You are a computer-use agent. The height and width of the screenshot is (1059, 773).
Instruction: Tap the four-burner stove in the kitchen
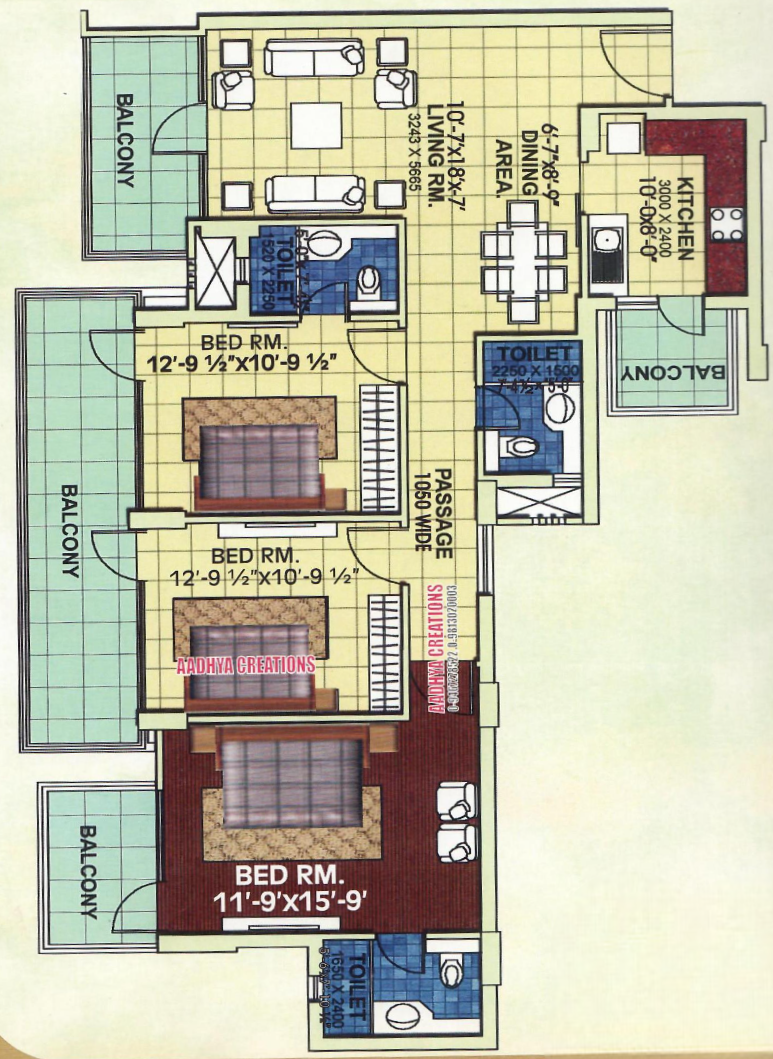(726, 223)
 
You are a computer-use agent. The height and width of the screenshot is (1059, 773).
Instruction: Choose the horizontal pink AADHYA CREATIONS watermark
(245, 664)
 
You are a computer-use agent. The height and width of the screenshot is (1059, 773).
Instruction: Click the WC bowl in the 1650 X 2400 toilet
(451, 970)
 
